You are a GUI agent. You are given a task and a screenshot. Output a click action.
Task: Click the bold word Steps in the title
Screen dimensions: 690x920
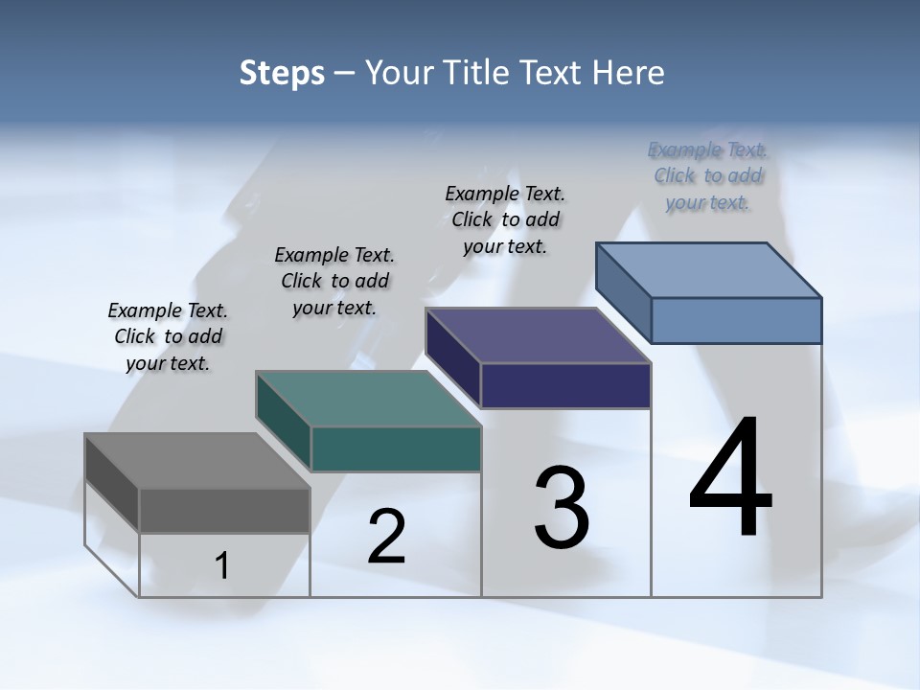pyautogui.click(x=282, y=73)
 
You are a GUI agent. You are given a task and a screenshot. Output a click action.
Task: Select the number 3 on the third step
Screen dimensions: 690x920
pyautogui.click(x=562, y=508)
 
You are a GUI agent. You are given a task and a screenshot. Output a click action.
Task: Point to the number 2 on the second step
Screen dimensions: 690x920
pyautogui.click(x=386, y=537)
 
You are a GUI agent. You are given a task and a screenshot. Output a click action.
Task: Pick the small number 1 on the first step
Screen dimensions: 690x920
pyautogui.click(x=222, y=566)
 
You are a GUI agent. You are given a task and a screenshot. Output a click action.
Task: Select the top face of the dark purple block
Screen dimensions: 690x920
pyautogui.click(x=538, y=335)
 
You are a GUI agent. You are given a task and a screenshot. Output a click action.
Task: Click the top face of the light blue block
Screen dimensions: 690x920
pyautogui.click(x=709, y=270)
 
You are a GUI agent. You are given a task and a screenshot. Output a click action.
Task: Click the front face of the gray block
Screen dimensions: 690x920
pyautogui.click(x=224, y=511)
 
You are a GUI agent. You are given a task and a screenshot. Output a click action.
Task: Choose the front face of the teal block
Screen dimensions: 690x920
pyautogui.click(x=396, y=448)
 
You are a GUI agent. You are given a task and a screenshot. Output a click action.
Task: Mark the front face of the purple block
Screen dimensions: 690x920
pyautogui.click(x=565, y=385)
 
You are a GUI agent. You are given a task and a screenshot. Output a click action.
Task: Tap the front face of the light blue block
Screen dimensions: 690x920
pyautogui.click(x=736, y=320)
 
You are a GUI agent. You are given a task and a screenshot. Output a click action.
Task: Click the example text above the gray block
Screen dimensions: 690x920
pyautogui.click(x=168, y=337)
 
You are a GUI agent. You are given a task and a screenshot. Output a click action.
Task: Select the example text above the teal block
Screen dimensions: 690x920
pyautogui.click(x=334, y=281)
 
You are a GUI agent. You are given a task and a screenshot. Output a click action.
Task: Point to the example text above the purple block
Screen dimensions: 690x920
pyautogui.click(x=505, y=219)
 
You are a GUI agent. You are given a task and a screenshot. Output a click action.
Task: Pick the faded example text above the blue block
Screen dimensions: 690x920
pyautogui.click(x=708, y=176)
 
